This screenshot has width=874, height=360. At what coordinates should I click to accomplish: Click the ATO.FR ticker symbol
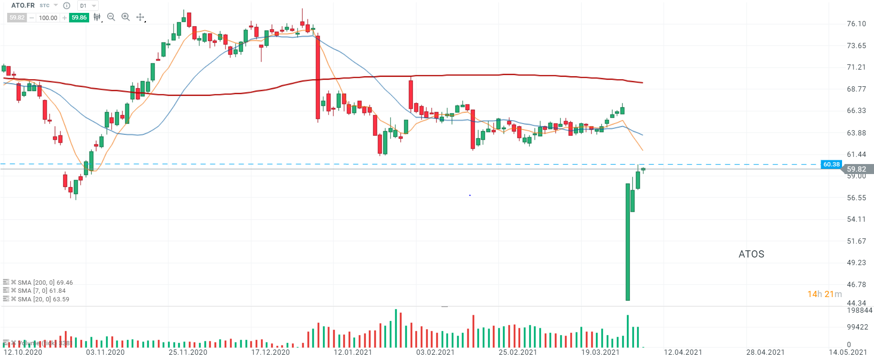pyautogui.click(x=23, y=5)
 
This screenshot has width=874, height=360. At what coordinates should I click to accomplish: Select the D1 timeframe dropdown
pyautogui.click(x=88, y=6)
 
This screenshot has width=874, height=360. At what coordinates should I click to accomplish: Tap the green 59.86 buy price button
pyautogui.click(x=79, y=18)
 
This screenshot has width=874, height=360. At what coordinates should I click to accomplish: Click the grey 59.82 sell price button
pyautogui.click(x=17, y=18)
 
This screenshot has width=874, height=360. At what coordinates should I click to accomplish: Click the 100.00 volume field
pyautogui.click(x=48, y=18)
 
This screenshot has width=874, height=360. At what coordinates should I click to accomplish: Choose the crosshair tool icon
pyautogui.click(x=140, y=17)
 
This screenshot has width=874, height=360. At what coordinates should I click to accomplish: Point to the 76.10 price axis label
pyautogui.click(x=856, y=24)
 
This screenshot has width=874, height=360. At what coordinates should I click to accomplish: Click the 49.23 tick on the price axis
pyautogui.click(x=856, y=263)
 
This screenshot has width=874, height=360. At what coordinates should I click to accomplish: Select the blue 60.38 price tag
pyautogui.click(x=831, y=165)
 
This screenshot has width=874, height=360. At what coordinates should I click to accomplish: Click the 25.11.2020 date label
pyautogui.click(x=188, y=352)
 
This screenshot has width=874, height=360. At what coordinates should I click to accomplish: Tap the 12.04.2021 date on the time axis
pyautogui.click(x=683, y=352)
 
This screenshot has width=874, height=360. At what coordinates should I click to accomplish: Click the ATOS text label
pyautogui.click(x=751, y=254)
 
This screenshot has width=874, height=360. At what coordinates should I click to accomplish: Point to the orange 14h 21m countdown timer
pyautogui.click(x=824, y=294)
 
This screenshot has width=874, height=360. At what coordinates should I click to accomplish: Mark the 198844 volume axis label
pyautogui.click(x=859, y=310)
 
